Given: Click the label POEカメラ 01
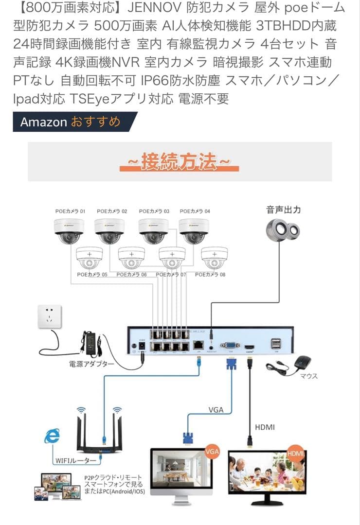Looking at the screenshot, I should click(x=70, y=211).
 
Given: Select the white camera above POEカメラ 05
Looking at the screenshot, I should click(x=90, y=258).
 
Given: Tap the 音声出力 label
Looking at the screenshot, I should click(x=283, y=210).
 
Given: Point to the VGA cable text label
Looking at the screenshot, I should click(x=216, y=410).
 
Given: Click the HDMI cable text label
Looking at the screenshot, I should click(x=265, y=427).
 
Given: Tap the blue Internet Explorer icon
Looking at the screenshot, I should click(x=52, y=436).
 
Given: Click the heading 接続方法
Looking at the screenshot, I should click(x=179, y=161).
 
